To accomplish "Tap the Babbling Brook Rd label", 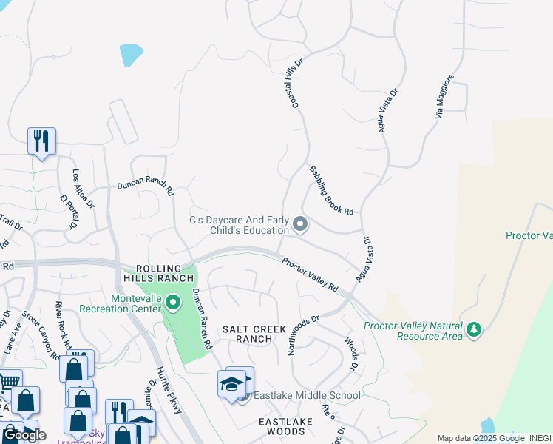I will pos(332,190).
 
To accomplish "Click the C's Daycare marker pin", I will pos(300,223).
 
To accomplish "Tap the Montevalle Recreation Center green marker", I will pos(173,302).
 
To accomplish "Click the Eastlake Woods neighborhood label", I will pos(285,426).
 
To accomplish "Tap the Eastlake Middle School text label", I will pos(307,396).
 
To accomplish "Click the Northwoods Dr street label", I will pos(303,335).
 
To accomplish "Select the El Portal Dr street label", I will pos(69,212).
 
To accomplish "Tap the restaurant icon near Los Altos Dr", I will pos(41,141).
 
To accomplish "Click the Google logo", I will pos(24,435).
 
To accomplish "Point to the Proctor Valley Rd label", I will pos(310,274).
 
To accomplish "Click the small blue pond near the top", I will pos(131,54).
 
